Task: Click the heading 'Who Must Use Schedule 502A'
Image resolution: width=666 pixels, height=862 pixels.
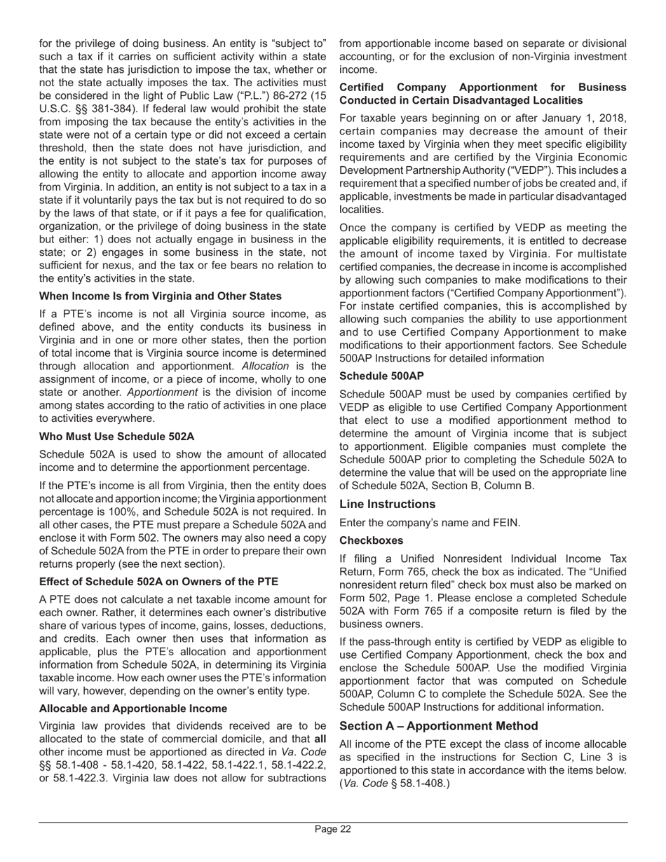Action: (116, 436)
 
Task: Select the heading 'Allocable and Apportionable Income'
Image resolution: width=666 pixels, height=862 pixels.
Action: (132, 709)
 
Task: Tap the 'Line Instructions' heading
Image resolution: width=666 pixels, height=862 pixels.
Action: (387, 504)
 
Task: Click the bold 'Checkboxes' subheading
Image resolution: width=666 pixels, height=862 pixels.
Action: (371, 540)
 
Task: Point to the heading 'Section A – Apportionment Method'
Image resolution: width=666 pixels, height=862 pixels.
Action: (439, 725)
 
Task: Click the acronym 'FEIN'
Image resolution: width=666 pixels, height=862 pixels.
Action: (505, 523)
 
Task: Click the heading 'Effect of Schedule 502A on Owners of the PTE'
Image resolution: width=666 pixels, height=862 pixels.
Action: (158, 582)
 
